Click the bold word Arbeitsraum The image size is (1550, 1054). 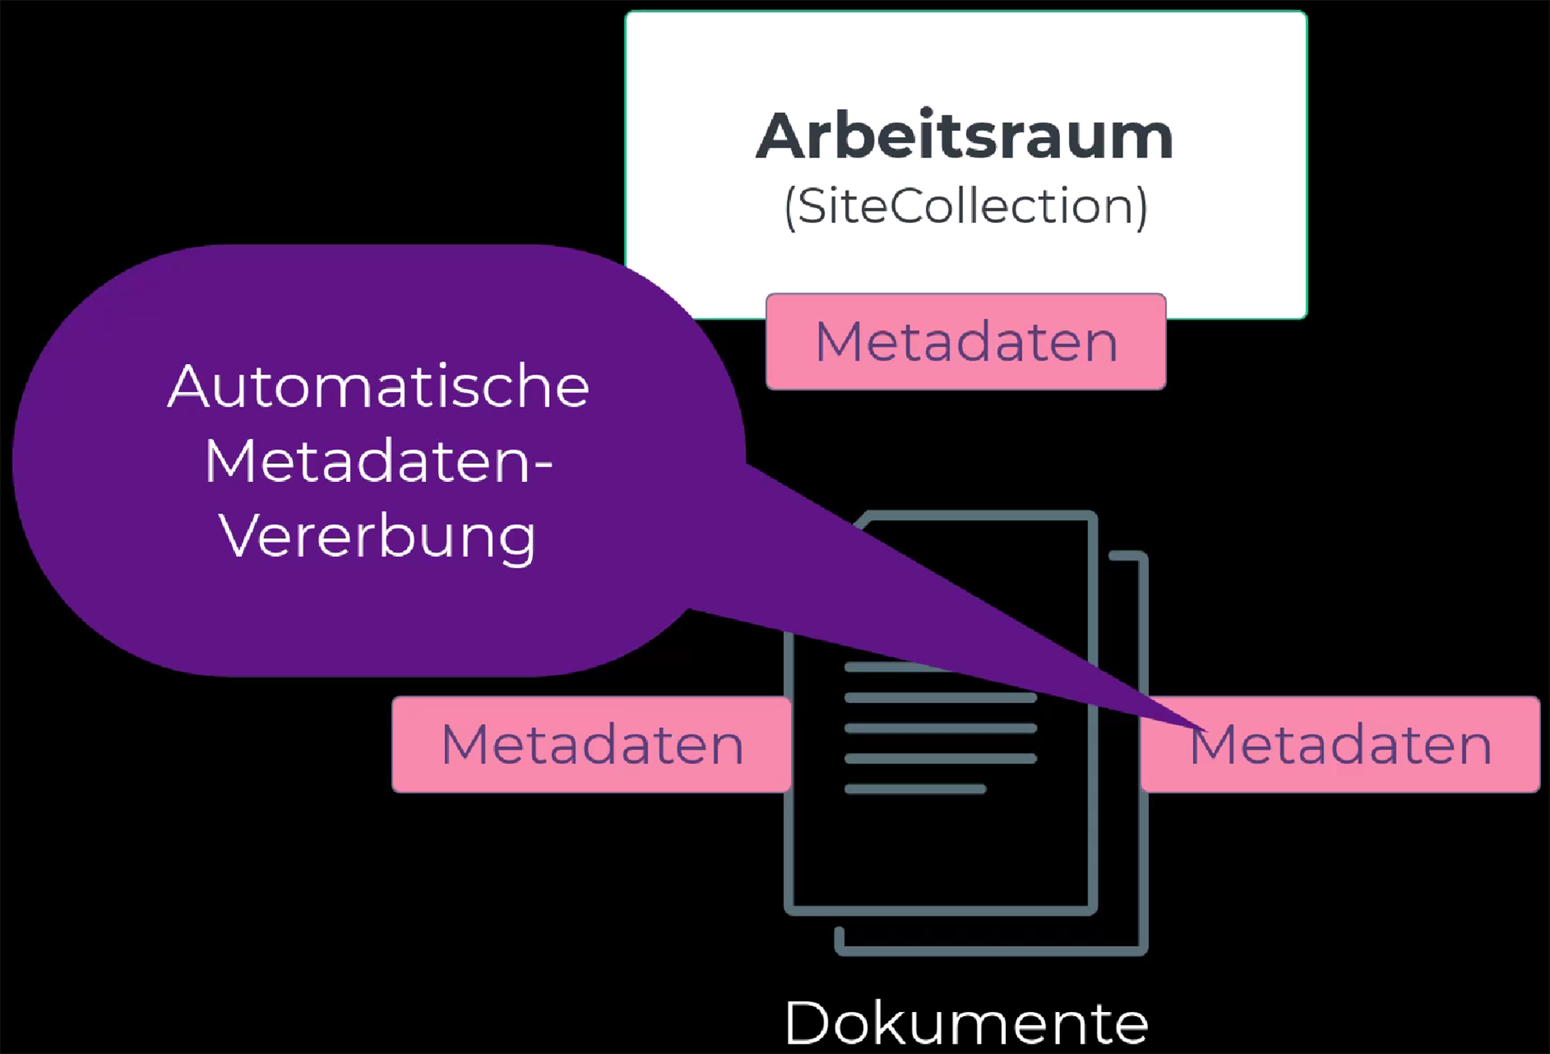965,136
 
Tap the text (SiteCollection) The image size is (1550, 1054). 966,207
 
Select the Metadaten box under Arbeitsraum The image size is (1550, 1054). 966,341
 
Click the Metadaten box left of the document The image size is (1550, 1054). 592,744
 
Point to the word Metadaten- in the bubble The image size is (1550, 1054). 379,462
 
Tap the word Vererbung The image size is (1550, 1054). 378,537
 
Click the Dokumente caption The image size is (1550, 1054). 966,1023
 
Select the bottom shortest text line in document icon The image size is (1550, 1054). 915,788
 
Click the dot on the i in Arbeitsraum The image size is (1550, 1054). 927,111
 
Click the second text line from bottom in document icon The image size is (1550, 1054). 940,759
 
